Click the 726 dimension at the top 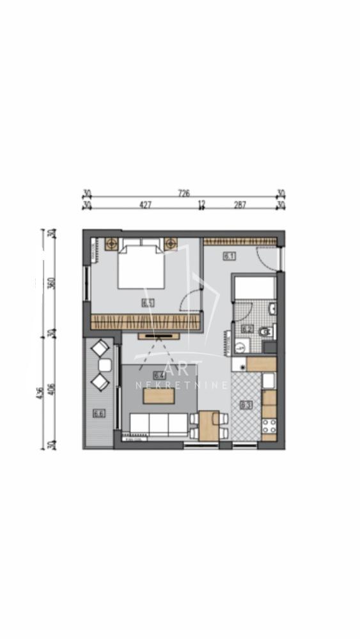click(184, 192)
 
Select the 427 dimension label click(145, 205)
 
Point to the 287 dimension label click(240, 205)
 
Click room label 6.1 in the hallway click(229, 256)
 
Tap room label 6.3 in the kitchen click(246, 404)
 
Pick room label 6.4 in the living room click(159, 376)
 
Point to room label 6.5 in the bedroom click(148, 303)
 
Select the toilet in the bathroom click(267, 331)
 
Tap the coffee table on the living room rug click(159, 396)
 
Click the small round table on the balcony click(105, 365)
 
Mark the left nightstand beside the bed click(112, 243)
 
